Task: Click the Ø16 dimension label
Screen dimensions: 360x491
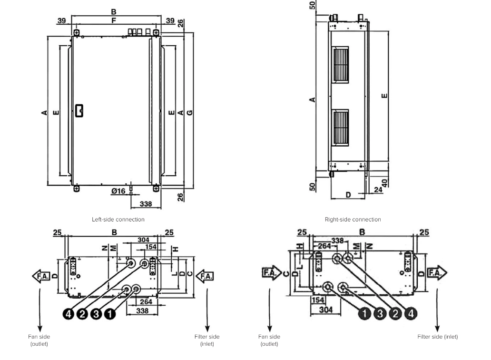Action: pos(118,191)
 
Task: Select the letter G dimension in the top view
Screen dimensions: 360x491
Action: pos(190,113)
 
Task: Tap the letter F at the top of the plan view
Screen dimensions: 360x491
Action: pos(113,20)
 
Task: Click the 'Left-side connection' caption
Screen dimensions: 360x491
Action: pos(118,220)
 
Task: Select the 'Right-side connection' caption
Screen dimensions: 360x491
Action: pos(353,220)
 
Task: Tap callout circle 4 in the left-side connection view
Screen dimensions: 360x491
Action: pos(69,314)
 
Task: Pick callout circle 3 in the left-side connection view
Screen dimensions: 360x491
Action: pos(96,314)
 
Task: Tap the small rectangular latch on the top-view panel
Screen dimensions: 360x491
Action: pos(79,110)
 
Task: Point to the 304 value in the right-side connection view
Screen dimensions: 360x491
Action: pos(325,309)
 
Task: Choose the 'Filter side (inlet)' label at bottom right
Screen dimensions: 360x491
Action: pos(437,337)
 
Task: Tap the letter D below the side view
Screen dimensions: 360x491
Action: pos(348,195)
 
